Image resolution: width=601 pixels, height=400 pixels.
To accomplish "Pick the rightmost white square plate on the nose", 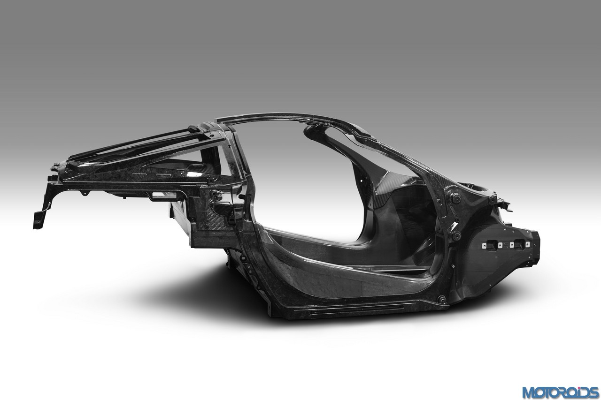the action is [527, 244].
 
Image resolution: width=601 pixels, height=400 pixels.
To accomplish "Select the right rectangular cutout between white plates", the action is [519, 244].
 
